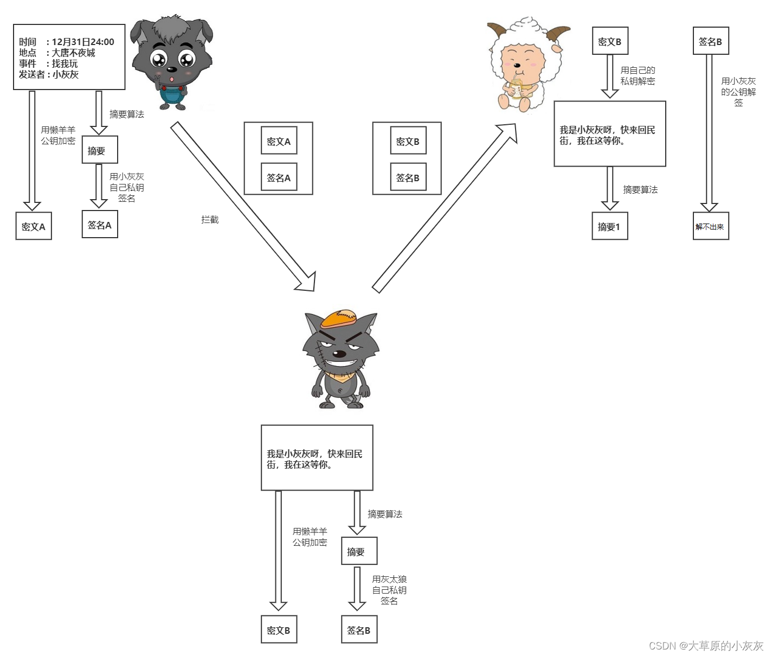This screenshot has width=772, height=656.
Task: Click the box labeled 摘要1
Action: tap(609, 226)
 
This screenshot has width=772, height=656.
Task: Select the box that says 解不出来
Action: tap(710, 226)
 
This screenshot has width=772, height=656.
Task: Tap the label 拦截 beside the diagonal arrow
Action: tap(210, 220)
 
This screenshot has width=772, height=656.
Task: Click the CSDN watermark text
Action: tap(705, 646)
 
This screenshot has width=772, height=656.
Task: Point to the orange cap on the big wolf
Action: tap(339, 319)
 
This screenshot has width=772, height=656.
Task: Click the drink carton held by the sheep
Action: tap(516, 88)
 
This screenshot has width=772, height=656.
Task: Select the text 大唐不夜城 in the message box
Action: tap(74, 53)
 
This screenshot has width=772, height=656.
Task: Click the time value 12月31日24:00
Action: tap(83, 42)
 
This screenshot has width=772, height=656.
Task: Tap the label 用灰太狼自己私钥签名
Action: tap(389, 590)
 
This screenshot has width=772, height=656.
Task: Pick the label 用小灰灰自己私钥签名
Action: tap(127, 187)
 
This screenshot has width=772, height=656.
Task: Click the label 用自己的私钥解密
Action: tap(638, 75)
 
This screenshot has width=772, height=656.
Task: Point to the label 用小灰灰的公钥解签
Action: tap(738, 92)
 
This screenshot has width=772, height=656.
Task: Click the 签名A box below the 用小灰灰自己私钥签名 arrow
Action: tap(99, 225)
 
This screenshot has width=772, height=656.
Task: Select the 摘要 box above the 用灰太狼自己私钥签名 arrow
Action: tap(359, 551)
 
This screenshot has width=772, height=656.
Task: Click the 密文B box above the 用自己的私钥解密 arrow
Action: tap(610, 41)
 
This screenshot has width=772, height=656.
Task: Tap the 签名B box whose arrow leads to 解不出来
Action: tap(710, 41)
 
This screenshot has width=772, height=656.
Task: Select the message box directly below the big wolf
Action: tap(317, 458)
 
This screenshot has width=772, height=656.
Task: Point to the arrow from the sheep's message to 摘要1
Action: tap(610, 188)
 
